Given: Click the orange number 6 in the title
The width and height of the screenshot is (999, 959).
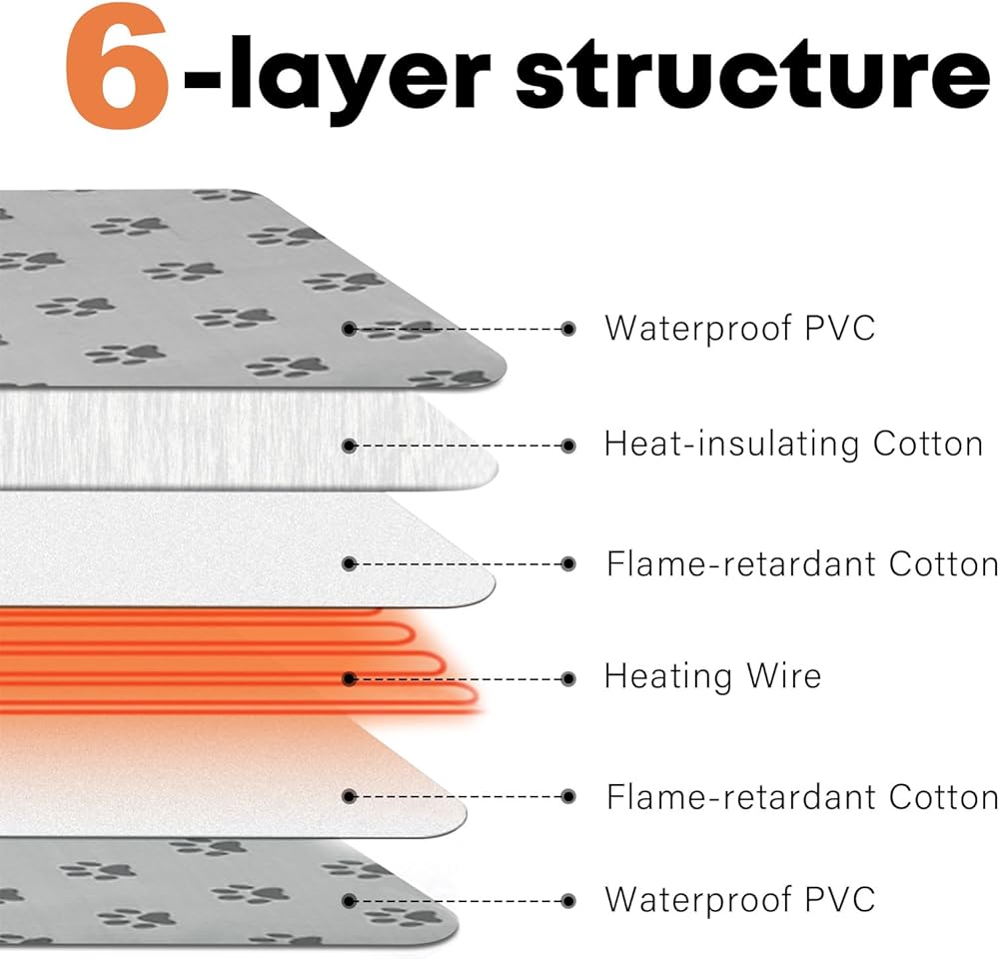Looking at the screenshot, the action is [118, 66].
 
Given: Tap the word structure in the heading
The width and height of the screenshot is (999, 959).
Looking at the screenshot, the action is [752, 74].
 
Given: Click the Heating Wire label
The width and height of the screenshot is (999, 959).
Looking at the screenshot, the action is [712, 676].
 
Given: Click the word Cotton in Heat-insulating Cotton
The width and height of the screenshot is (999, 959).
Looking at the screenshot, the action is [928, 445].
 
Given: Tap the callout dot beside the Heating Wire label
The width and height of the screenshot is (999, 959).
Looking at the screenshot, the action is [568, 679].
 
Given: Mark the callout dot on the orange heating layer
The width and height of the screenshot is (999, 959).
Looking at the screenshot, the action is [349, 679].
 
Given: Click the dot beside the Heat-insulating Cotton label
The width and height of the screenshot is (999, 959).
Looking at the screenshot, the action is [568, 447].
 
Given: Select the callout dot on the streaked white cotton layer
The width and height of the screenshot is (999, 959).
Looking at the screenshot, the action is [349, 447].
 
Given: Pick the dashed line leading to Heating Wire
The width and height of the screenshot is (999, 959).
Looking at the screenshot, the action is [459, 679].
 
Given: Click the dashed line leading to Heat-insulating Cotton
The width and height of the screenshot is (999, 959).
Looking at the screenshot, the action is [459, 447].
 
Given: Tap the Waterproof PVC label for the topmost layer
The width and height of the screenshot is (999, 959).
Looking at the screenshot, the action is [739, 329].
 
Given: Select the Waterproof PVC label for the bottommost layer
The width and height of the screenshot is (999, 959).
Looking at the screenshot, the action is [739, 899].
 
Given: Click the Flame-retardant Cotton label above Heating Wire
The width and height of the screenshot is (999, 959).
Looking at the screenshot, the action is [802, 564].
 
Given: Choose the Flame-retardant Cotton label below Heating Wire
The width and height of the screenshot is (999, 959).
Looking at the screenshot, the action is [802, 796].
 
